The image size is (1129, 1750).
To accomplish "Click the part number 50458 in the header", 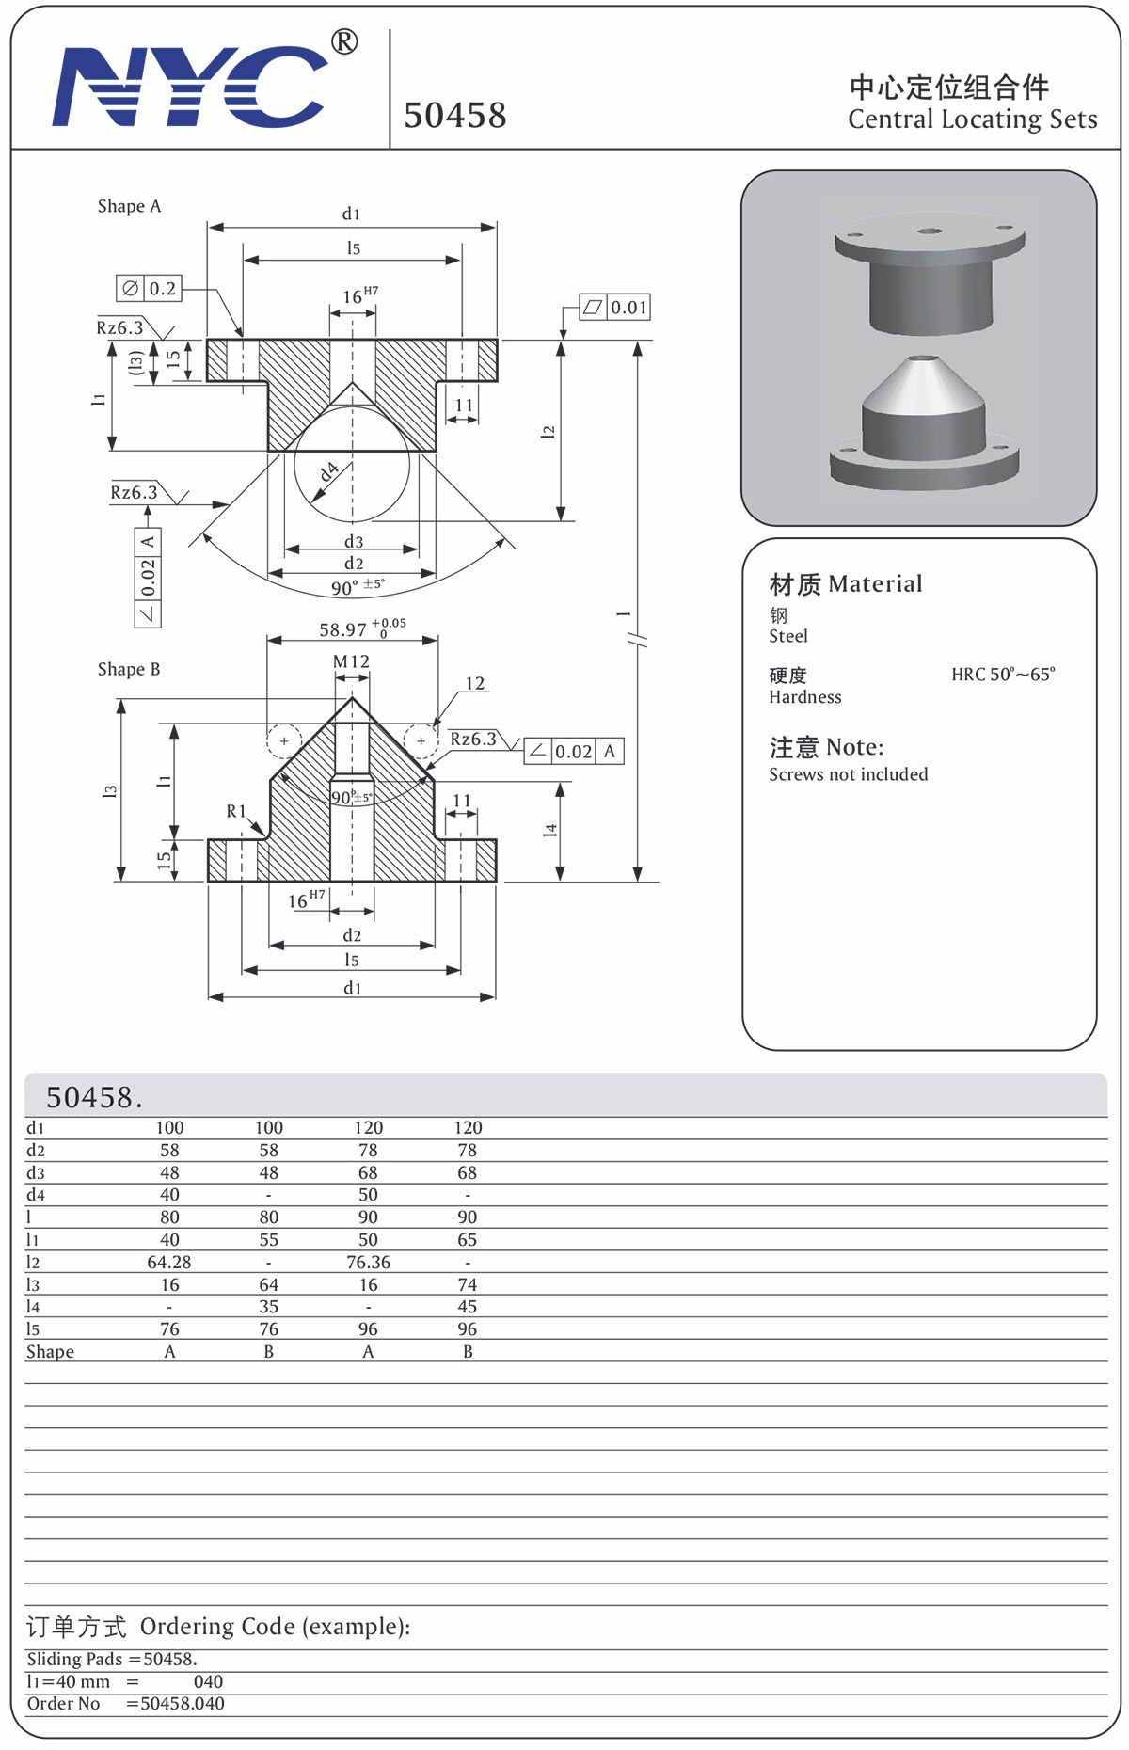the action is click(455, 115).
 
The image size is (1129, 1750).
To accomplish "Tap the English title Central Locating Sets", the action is click(973, 119).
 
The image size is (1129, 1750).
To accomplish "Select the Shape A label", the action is click(130, 206).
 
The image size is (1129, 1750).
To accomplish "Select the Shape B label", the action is click(129, 669).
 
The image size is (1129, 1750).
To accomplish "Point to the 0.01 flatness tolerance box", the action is click(615, 308).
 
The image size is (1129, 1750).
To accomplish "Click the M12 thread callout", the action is click(352, 661).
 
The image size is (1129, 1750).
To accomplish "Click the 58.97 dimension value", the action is click(342, 629).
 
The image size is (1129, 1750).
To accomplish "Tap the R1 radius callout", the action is click(236, 811).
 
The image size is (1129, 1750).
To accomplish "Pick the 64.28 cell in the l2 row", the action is click(169, 1262).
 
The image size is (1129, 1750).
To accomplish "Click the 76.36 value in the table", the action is click(368, 1262).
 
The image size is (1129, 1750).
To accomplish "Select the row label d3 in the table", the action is click(36, 1172).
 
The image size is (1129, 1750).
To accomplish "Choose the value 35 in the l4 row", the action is click(269, 1307).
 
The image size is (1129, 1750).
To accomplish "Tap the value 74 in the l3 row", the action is click(468, 1284).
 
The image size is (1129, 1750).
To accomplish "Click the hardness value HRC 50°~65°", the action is click(1003, 675).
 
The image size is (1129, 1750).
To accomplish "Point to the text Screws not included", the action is click(849, 774).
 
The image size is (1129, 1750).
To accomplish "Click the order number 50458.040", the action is click(183, 1704).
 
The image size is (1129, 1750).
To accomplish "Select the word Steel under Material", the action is click(788, 636).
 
